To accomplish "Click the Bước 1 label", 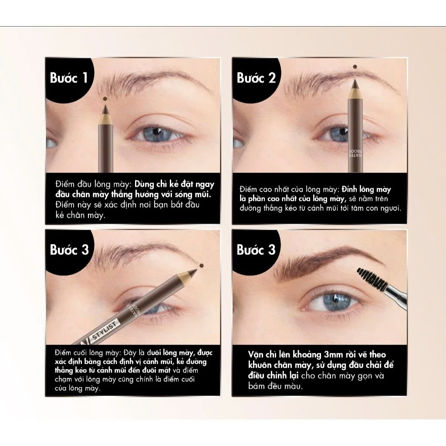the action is coord(68,78).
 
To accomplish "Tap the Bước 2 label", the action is coord(256,78).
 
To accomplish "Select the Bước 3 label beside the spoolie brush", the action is coord(256,250).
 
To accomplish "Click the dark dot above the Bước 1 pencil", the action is coord(105,99).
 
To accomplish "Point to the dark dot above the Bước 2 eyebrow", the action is coord(355,67).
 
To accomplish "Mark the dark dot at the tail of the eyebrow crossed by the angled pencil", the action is coord(202,266).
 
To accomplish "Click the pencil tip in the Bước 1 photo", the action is coord(105,108).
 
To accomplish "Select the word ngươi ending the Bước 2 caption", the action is coord(392,209).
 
